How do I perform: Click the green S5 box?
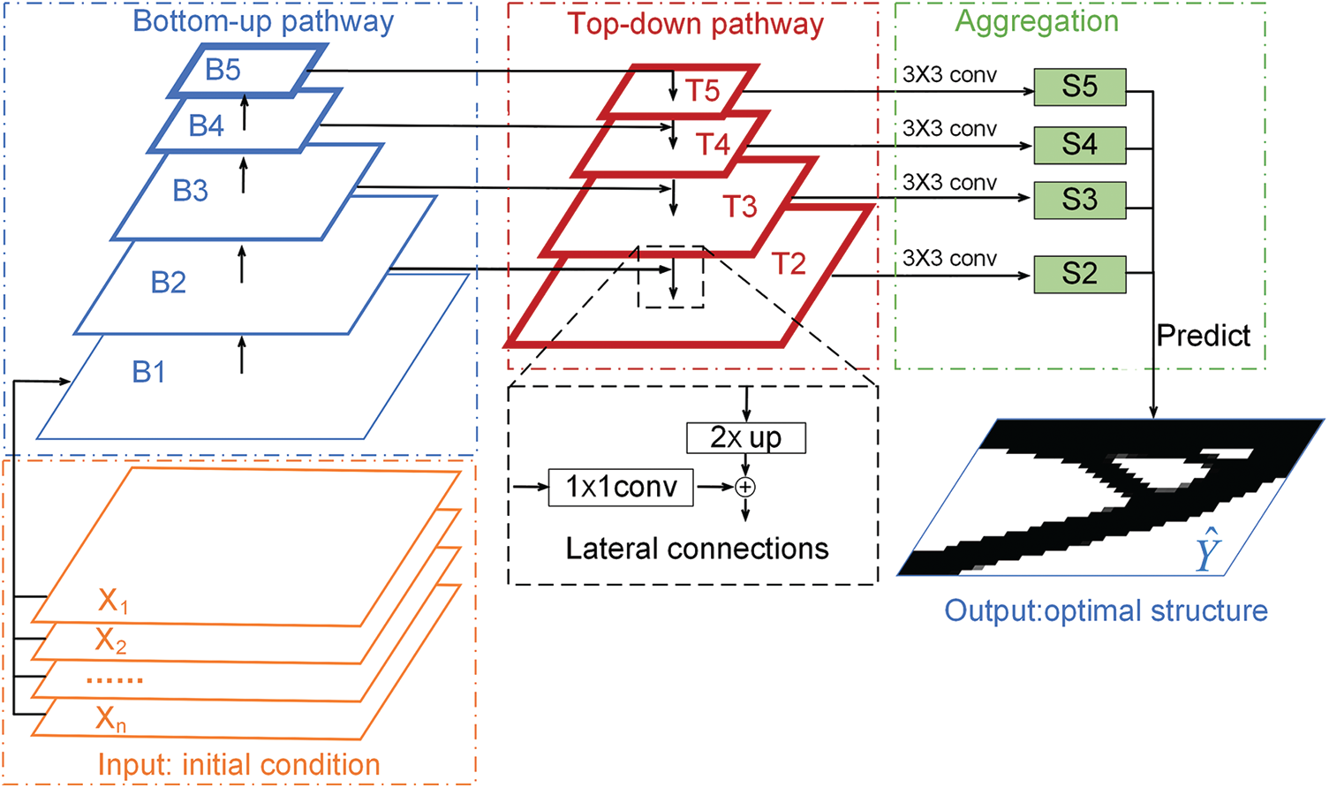(1079, 87)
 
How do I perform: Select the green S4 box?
(1079, 145)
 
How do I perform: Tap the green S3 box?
(1079, 201)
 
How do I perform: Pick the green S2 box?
(1079, 274)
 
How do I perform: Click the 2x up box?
(745, 438)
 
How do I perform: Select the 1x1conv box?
(621, 487)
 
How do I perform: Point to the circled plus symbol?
(746, 487)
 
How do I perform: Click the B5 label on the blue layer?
(223, 70)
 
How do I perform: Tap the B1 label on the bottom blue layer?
(149, 372)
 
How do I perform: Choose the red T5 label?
(703, 90)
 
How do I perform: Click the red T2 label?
(789, 263)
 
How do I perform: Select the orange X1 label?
(113, 601)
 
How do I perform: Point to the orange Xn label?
(111, 720)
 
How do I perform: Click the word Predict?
(1203, 336)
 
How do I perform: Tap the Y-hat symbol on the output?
(1206, 553)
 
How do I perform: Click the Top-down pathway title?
(695, 24)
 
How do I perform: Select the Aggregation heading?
(1037, 21)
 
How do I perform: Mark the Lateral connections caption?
(697, 549)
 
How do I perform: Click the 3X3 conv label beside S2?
(949, 259)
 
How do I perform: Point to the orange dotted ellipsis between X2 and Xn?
(115, 680)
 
